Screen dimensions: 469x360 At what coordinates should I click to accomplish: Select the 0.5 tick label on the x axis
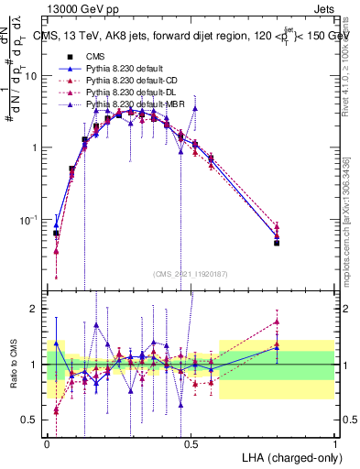(x=191, y=442)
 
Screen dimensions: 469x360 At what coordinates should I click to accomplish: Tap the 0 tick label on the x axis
(x=47, y=442)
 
